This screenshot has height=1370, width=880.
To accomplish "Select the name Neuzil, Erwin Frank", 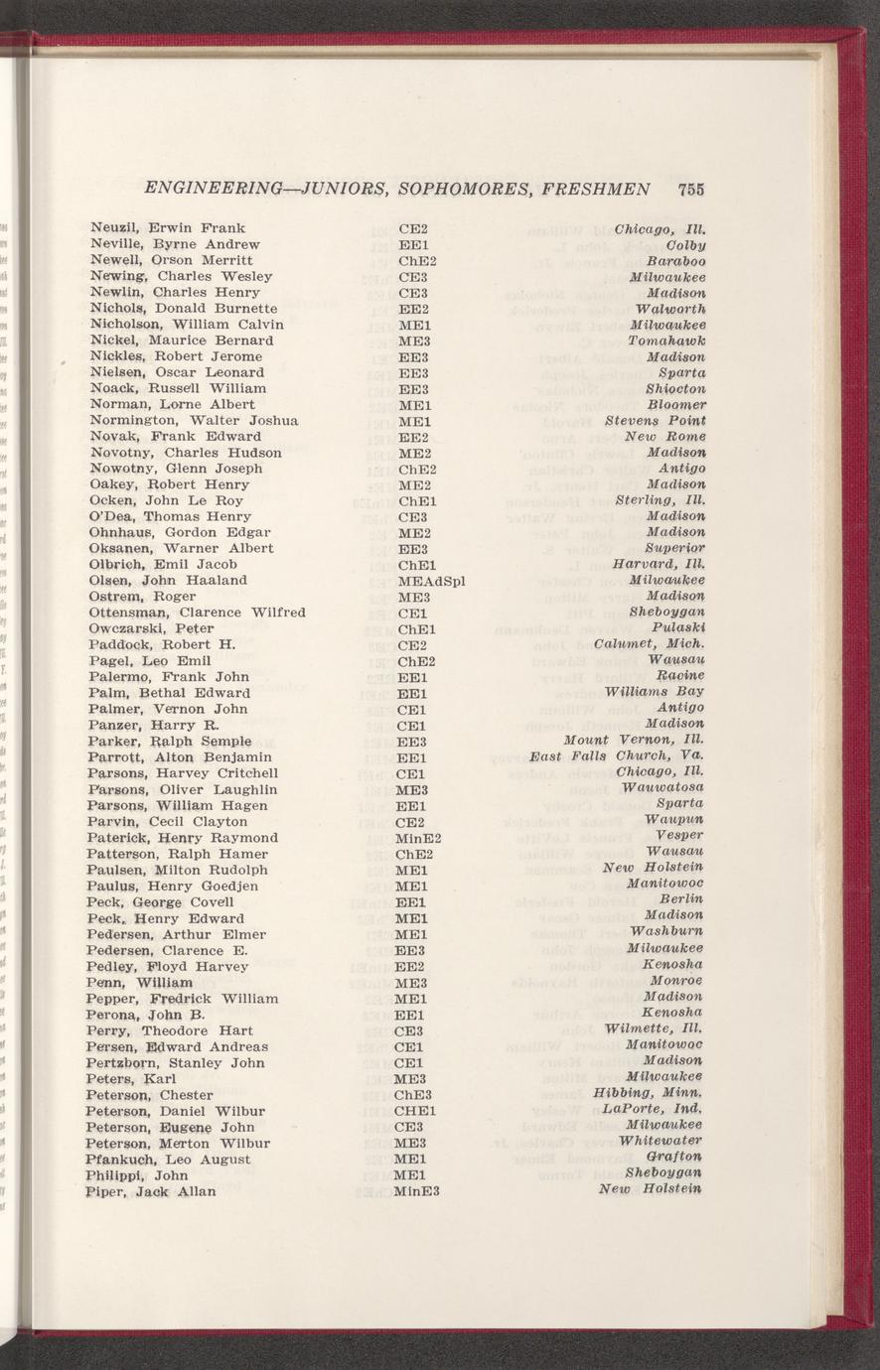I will [166, 227].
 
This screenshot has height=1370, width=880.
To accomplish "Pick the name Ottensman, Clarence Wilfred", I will [196, 613].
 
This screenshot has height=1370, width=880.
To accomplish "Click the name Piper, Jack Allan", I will [151, 1190].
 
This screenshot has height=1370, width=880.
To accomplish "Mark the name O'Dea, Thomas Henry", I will [169, 516].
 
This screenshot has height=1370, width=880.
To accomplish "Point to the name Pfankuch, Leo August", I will [166, 1159].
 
